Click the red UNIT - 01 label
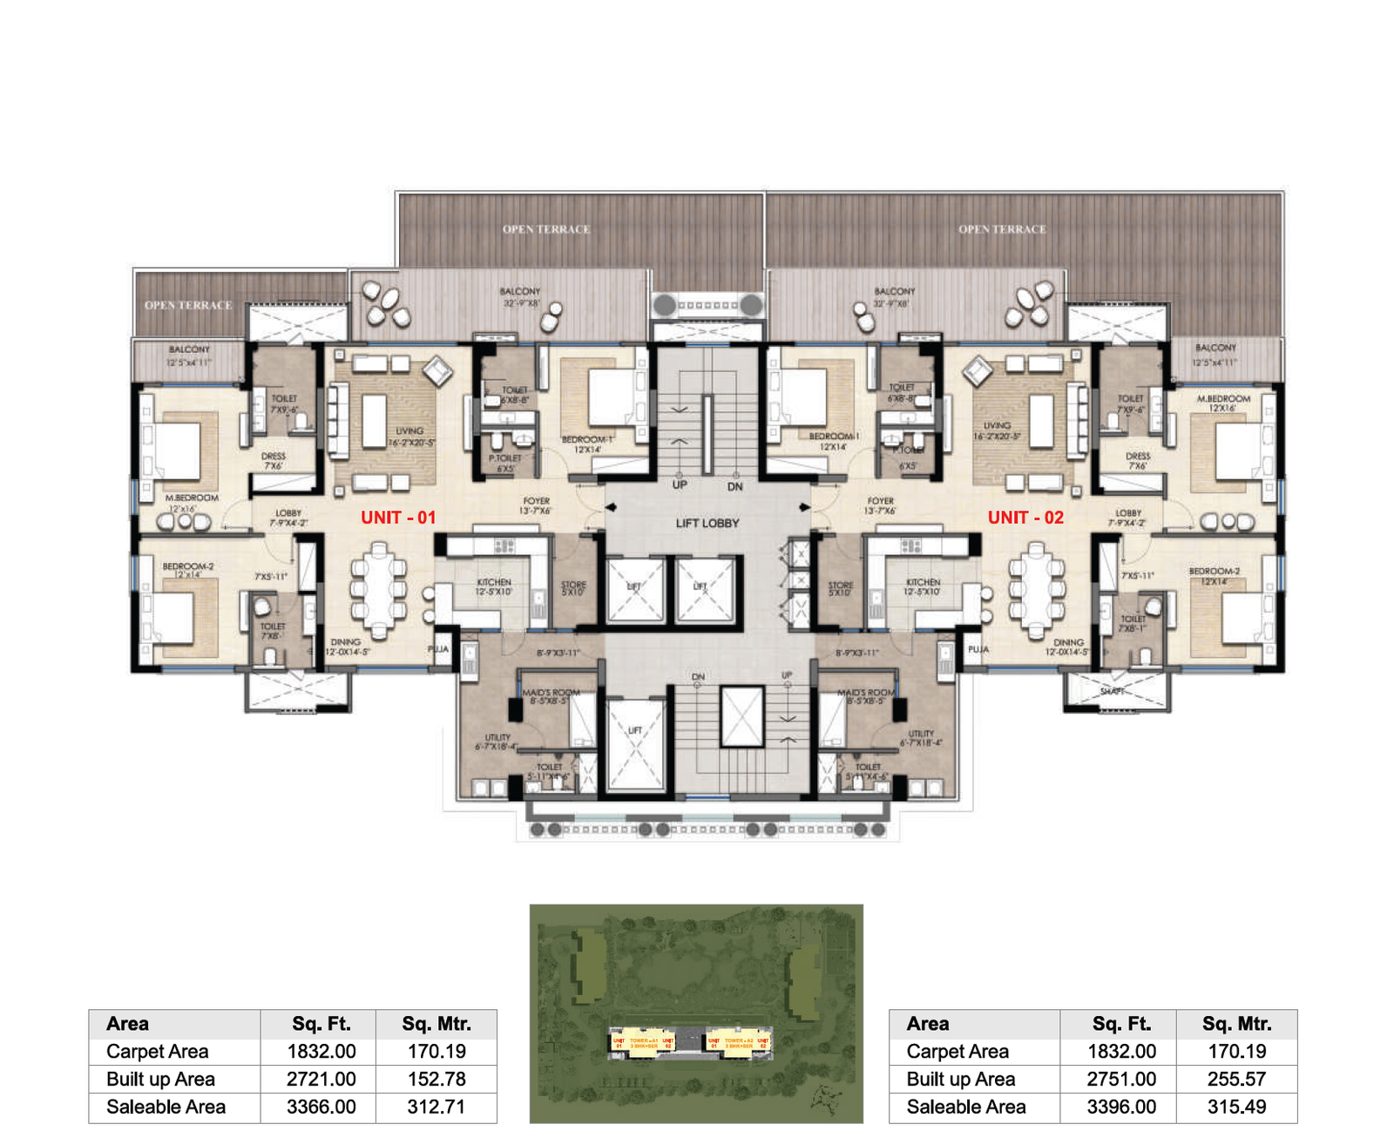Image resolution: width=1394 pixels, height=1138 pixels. [398, 518]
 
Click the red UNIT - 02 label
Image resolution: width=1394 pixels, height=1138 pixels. [1025, 518]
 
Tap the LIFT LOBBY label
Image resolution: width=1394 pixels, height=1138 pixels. [707, 523]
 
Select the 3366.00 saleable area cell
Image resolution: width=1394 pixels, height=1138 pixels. [321, 1107]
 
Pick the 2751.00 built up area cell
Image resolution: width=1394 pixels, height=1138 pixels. [1120, 1079]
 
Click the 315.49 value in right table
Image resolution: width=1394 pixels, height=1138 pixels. [1236, 1107]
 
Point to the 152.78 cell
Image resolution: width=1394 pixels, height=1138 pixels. [436, 1079]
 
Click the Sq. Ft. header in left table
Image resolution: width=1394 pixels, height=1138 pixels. [321, 1024]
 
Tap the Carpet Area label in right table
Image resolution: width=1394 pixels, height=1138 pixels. [957, 1052]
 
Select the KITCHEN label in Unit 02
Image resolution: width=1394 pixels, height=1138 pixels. [923, 581]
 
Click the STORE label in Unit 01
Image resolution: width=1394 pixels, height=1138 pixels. [573, 585]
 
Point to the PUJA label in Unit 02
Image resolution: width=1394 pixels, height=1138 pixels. [978, 649]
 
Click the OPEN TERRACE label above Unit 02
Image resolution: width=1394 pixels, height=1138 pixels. [1002, 229]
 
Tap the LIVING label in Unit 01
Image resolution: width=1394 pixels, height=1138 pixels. [409, 430]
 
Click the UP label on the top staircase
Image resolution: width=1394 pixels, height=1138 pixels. [680, 484]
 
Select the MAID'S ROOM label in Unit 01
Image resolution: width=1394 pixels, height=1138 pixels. [551, 692]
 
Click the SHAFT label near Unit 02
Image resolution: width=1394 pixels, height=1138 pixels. [1112, 691]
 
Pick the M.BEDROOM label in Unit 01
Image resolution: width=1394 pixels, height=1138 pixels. [192, 498]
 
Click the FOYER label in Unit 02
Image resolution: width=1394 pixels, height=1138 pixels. [880, 501]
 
